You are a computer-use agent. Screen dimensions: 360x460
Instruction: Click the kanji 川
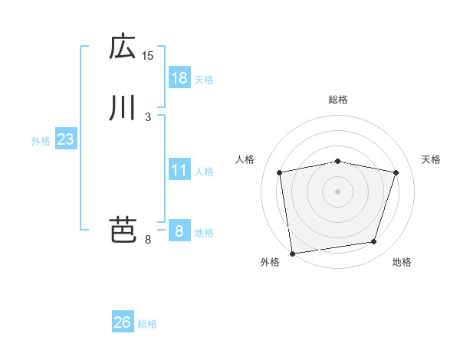pyautogui.click(x=123, y=108)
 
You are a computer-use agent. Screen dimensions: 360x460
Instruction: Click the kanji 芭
pyautogui.click(x=123, y=229)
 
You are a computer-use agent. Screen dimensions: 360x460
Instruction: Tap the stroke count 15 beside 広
pyautogui.click(x=148, y=55)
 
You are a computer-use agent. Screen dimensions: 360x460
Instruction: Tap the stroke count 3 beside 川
pyautogui.click(x=148, y=116)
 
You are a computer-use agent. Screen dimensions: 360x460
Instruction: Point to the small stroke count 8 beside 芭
pyautogui.click(x=148, y=240)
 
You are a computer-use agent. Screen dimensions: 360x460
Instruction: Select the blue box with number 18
pyautogui.click(x=179, y=78)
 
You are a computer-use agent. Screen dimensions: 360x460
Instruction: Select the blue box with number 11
pyautogui.click(x=179, y=170)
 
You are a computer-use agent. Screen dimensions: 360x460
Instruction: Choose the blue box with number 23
pyautogui.click(x=66, y=139)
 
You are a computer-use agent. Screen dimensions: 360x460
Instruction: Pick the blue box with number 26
pyautogui.click(x=123, y=322)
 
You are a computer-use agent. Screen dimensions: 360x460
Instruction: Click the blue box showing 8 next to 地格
pyautogui.click(x=179, y=231)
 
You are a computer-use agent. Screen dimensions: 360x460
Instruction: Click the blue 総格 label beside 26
pyautogui.click(x=147, y=324)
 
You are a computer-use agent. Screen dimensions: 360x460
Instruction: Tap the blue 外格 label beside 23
pyautogui.click(x=41, y=141)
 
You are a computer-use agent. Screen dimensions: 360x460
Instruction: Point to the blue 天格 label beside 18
pyautogui.click(x=204, y=80)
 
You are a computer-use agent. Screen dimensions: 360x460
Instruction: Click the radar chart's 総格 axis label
pyautogui.click(x=338, y=100)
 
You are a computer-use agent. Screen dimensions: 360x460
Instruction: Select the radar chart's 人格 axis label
pyautogui.click(x=245, y=159)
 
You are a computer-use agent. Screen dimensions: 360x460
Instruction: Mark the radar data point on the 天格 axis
pyautogui.click(x=396, y=172)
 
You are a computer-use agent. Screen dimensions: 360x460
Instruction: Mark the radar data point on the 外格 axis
pyautogui.click(x=292, y=253)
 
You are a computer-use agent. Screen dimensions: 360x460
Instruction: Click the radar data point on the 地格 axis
pyautogui.click(x=374, y=242)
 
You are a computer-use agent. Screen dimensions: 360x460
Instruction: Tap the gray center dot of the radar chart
pyautogui.click(x=338, y=191)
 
